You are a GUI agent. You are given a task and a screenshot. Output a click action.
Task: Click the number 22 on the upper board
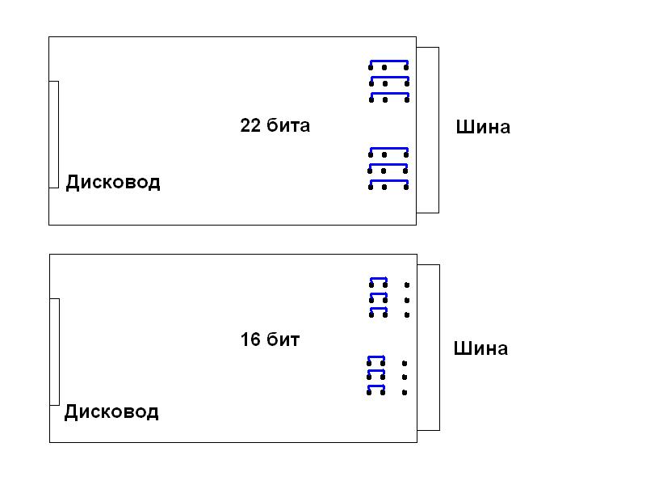click(x=250, y=126)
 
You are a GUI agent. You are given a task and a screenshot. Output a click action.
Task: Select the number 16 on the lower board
click(x=250, y=340)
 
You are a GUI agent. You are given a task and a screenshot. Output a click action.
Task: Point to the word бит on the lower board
click(x=284, y=340)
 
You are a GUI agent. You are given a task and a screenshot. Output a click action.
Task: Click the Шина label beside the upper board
click(x=483, y=127)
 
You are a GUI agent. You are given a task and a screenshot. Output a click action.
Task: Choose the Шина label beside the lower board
click(x=480, y=349)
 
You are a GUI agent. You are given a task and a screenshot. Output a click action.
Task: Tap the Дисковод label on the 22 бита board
click(x=113, y=183)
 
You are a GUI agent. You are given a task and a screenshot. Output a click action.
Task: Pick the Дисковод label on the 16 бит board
click(x=111, y=412)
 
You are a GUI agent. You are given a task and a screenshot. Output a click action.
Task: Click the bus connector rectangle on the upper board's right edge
click(x=428, y=129)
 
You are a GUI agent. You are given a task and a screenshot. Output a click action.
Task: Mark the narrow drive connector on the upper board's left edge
click(x=54, y=134)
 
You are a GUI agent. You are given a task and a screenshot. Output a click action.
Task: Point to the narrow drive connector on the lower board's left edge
click(x=55, y=352)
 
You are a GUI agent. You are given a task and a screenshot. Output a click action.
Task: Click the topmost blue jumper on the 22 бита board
click(x=389, y=62)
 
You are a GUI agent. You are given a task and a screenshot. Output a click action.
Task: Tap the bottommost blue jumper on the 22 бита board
click(x=389, y=183)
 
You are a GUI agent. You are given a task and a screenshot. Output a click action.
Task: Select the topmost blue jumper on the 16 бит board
click(x=378, y=280)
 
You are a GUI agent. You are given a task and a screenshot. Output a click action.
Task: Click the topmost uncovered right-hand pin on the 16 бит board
click(x=407, y=285)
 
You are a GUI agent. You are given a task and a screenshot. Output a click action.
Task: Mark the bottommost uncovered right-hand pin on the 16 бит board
click(x=405, y=392)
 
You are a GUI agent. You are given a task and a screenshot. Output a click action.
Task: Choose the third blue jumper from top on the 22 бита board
click(x=389, y=95)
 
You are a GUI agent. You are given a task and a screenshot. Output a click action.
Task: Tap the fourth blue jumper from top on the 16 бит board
click(x=376, y=358)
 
